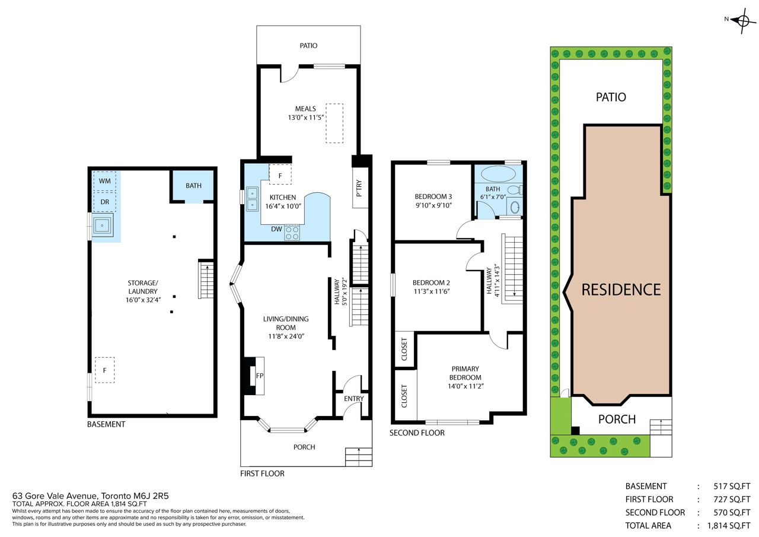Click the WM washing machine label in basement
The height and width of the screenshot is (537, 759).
(105, 181)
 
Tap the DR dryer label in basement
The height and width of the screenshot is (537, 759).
(105, 202)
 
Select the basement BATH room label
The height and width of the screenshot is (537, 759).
(193, 186)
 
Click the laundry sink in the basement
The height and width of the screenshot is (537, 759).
(102, 225)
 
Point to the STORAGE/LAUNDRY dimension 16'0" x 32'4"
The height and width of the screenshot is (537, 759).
(143, 300)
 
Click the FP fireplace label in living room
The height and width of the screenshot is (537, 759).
(260, 376)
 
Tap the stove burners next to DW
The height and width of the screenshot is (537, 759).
(292, 233)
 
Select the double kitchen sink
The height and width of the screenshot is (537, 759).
(252, 199)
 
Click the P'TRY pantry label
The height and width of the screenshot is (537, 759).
(359, 188)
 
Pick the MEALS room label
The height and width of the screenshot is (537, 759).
(305, 109)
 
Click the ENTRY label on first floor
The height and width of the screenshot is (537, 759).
(354, 399)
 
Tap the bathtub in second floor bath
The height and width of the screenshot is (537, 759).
(498, 174)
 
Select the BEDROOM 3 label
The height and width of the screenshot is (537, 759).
(433, 196)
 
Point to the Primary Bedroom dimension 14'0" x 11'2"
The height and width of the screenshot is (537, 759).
(465, 386)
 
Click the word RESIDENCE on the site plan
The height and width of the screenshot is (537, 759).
(621, 290)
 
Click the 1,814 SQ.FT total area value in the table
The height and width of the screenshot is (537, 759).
(729, 526)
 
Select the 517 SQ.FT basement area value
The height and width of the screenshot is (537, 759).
(732, 486)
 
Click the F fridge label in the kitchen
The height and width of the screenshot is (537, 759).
(280, 176)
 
